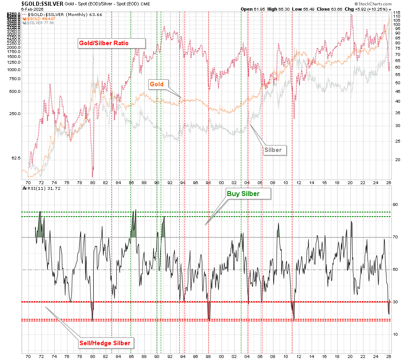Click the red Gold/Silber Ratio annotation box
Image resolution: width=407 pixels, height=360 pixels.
pyautogui.click(x=111, y=43)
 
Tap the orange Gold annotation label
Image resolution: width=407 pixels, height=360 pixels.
pyautogui.click(x=156, y=84)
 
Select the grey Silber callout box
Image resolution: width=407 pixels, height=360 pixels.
pyautogui.click(x=273, y=150)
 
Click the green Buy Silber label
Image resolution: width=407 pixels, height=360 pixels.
pyautogui.click(x=243, y=194)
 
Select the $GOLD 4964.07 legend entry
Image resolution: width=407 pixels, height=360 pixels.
pyautogui.click(x=41, y=18)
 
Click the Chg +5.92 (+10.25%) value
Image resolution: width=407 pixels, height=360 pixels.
pyautogui.click(x=369, y=9)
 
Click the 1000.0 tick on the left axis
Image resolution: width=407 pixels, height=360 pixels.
pyautogui.click(x=13, y=70)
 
